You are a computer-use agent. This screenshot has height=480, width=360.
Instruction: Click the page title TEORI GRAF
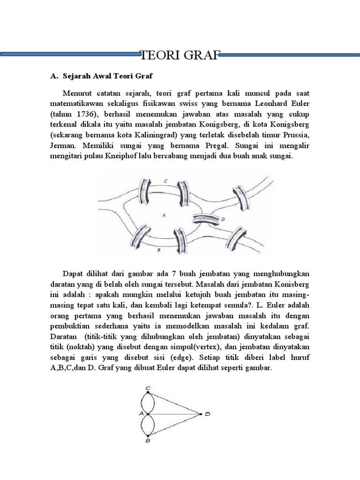tap(180, 56)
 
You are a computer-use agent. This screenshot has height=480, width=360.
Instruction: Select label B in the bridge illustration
tap(159, 250)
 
